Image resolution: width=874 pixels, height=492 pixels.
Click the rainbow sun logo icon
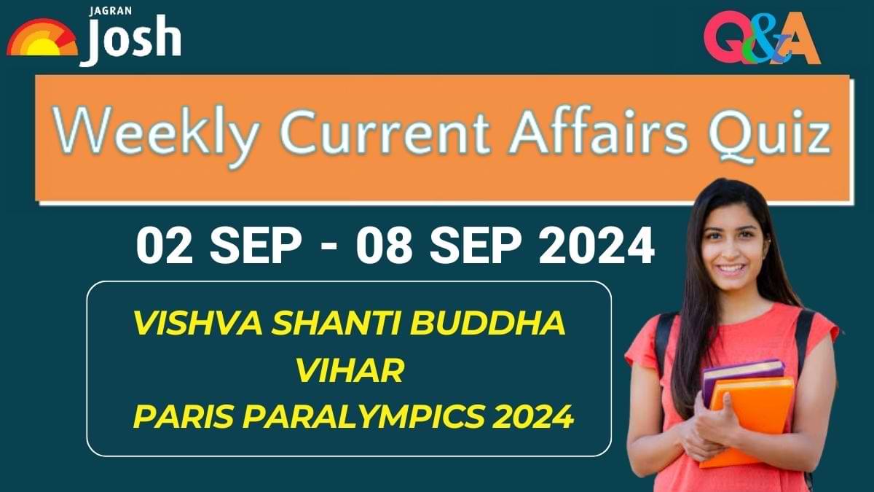click(42, 39)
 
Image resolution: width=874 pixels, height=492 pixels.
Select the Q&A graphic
click(761, 40)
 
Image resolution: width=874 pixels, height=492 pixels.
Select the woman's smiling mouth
click(731, 269)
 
